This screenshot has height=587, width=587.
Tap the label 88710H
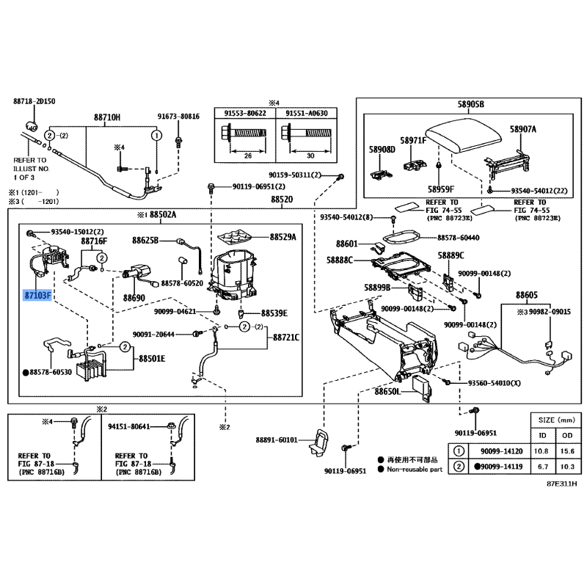point(106,117)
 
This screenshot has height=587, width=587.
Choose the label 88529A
point(282,237)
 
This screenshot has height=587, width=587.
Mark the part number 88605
point(527,293)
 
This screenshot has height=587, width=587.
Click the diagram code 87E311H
point(561,484)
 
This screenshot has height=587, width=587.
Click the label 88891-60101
point(277,440)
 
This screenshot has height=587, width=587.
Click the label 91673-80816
point(178,117)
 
